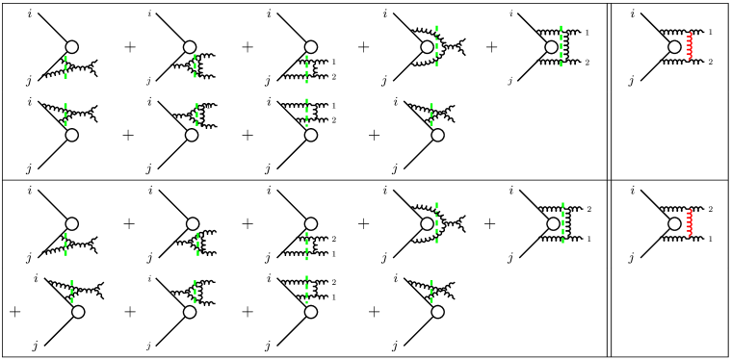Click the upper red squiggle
690,46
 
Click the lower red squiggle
690,222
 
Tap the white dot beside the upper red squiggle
674,47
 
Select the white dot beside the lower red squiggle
674,224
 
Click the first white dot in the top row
71,47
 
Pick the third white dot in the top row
310,47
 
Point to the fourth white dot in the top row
427,47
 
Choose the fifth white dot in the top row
551,47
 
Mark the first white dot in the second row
71,135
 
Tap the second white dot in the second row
192,135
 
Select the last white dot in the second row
437,135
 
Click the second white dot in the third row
193,224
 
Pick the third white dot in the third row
310,224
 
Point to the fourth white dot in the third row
427,224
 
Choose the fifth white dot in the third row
553,224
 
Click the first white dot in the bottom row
78,312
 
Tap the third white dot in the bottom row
310,312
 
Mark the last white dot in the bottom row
437,312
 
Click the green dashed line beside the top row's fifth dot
561,45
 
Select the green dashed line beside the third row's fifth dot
562,222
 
